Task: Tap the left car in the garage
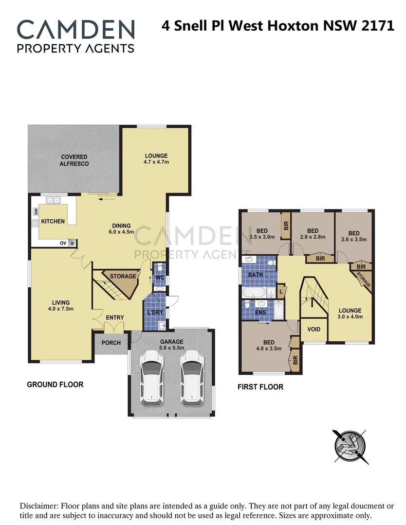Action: point(151,378)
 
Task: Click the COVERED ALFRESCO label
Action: point(74,160)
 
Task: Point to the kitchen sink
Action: point(53,200)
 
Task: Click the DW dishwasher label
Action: point(36,211)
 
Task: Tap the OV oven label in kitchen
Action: point(63,243)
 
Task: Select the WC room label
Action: point(159,278)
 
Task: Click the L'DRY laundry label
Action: point(155,312)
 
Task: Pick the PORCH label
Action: point(111,343)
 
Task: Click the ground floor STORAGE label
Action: point(123,277)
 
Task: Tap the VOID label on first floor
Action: point(314,329)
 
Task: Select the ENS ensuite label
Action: point(260,313)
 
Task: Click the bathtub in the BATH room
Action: point(253,293)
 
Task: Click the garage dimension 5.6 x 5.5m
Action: point(171,348)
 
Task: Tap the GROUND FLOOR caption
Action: point(55,385)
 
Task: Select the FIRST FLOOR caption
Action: point(260,387)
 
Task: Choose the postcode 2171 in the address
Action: point(378,26)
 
